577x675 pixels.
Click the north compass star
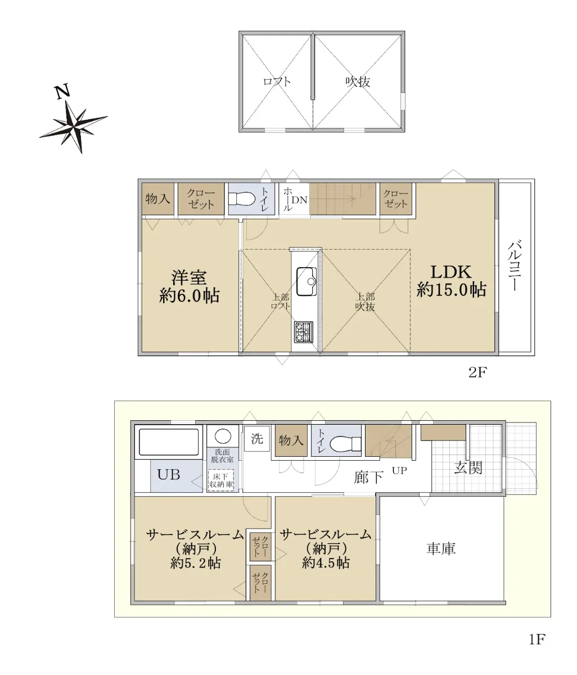coord(73,125)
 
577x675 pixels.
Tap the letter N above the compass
coord(62,91)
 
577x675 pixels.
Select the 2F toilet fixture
coord(242,198)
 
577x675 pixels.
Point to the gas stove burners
coord(303,332)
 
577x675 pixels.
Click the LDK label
coord(451,272)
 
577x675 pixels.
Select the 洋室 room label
coord(189,278)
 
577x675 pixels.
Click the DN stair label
coord(299,200)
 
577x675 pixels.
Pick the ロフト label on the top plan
coord(277,82)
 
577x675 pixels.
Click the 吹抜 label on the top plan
coord(358,82)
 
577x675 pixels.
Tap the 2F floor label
coord(477,372)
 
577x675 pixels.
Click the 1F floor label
coord(537,648)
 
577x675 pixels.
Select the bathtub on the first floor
coord(169,442)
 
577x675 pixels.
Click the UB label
coord(169,475)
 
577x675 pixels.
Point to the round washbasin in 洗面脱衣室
coord(223,436)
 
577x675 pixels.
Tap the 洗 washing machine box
coord(257,439)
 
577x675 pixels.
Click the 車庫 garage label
coord(441,549)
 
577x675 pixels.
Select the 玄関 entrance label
coord(468,468)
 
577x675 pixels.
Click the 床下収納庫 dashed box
coord(221,480)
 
